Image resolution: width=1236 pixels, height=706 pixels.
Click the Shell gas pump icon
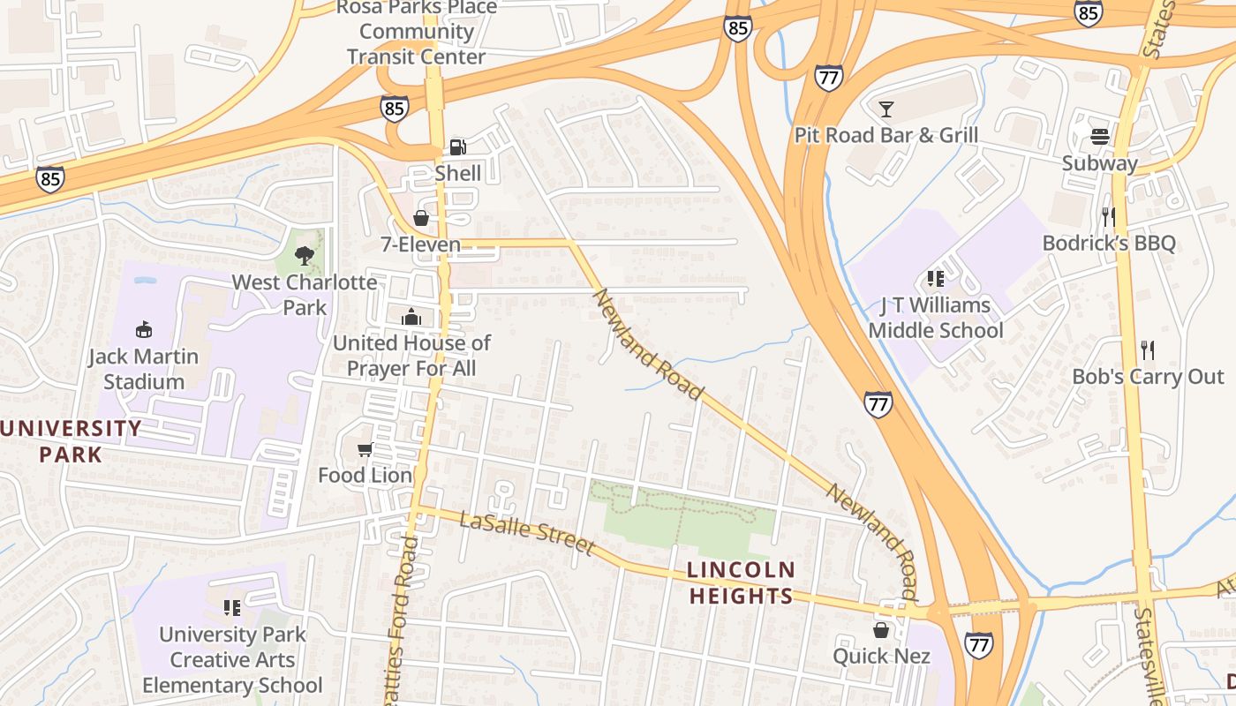(x=457, y=146)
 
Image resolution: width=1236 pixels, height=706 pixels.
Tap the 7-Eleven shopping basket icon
(x=421, y=218)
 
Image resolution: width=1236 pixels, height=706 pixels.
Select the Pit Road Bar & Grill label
(x=886, y=135)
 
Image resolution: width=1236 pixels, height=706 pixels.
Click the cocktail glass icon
(x=886, y=109)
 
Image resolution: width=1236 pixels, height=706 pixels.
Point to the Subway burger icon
(x=1100, y=137)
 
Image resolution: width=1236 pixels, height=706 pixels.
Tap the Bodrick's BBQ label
(x=1109, y=243)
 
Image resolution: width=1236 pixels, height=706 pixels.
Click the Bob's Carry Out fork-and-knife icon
(x=1147, y=350)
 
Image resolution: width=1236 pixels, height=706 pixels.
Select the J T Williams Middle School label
(x=936, y=318)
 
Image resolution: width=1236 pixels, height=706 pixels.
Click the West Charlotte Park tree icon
(x=305, y=256)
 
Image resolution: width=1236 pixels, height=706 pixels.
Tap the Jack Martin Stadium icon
(x=143, y=330)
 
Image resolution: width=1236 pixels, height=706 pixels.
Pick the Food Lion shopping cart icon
(x=365, y=450)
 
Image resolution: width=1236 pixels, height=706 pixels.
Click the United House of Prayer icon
(x=411, y=317)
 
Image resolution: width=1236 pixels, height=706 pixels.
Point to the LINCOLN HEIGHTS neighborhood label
(x=742, y=582)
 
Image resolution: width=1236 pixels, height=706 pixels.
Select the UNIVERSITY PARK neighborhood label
(x=71, y=441)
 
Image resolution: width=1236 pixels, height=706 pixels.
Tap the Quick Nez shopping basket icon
(x=881, y=630)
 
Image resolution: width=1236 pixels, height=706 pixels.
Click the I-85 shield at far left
(x=50, y=179)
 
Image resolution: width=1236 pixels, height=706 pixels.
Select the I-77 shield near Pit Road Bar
(x=828, y=79)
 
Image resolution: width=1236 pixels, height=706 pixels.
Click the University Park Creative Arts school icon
(x=232, y=608)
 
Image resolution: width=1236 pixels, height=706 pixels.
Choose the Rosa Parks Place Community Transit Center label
(x=416, y=32)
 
